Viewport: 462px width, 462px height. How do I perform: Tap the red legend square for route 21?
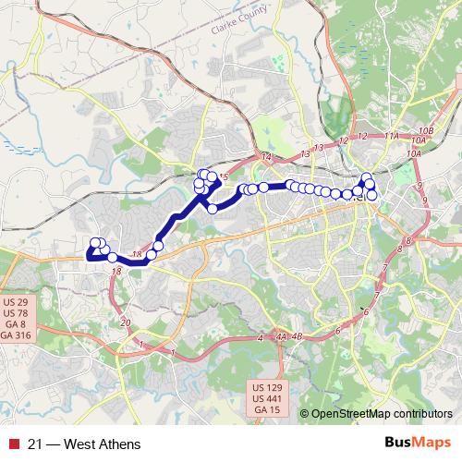click(x=12, y=444)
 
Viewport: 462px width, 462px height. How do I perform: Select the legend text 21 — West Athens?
click(x=84, y=444)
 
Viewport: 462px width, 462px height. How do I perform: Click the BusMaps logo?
click(x=417, y=444)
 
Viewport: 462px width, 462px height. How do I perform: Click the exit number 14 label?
click(x=267, y=158)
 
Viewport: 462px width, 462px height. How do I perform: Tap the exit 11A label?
click(x=392, y=136)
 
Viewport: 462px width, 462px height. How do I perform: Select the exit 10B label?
click(x=425, y=130)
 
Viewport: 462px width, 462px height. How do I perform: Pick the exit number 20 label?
click(x=126, y=322)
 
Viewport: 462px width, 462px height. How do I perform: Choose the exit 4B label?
click(x=297, y=337)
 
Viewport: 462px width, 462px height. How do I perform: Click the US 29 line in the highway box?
click(x=16, y=302)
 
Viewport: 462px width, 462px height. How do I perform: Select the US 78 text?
click(x=16, y=313)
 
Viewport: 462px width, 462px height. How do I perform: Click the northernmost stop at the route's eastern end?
click(x=367, y=177)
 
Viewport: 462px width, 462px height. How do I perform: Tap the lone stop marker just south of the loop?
click(x=213, y=209)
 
